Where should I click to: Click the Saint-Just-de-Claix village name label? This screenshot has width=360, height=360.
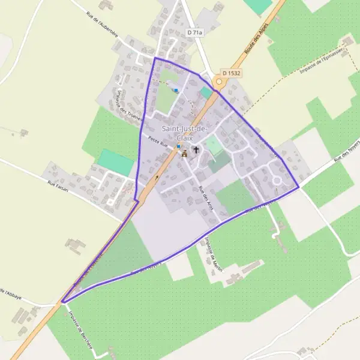[184, 133]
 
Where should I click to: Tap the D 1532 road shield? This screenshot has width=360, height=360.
[231, 73]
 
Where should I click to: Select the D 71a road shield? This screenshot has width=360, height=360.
[196, 32]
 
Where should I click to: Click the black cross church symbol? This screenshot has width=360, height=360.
[196, 149]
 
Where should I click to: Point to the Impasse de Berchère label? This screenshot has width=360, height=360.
[79, 329]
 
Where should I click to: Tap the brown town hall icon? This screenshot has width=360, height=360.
[184, 154]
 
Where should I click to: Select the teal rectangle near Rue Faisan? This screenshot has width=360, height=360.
[115, 162]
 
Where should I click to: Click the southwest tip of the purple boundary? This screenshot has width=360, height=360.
[62, 302]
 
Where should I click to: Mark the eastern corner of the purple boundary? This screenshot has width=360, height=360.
[298, 187]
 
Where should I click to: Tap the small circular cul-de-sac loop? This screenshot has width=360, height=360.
[277, 180]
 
